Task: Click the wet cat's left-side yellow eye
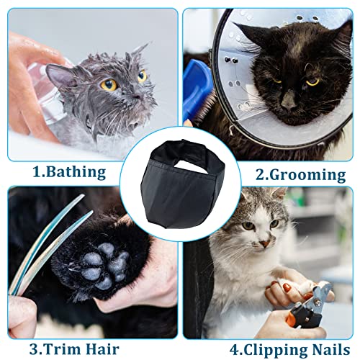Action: [110, 84]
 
